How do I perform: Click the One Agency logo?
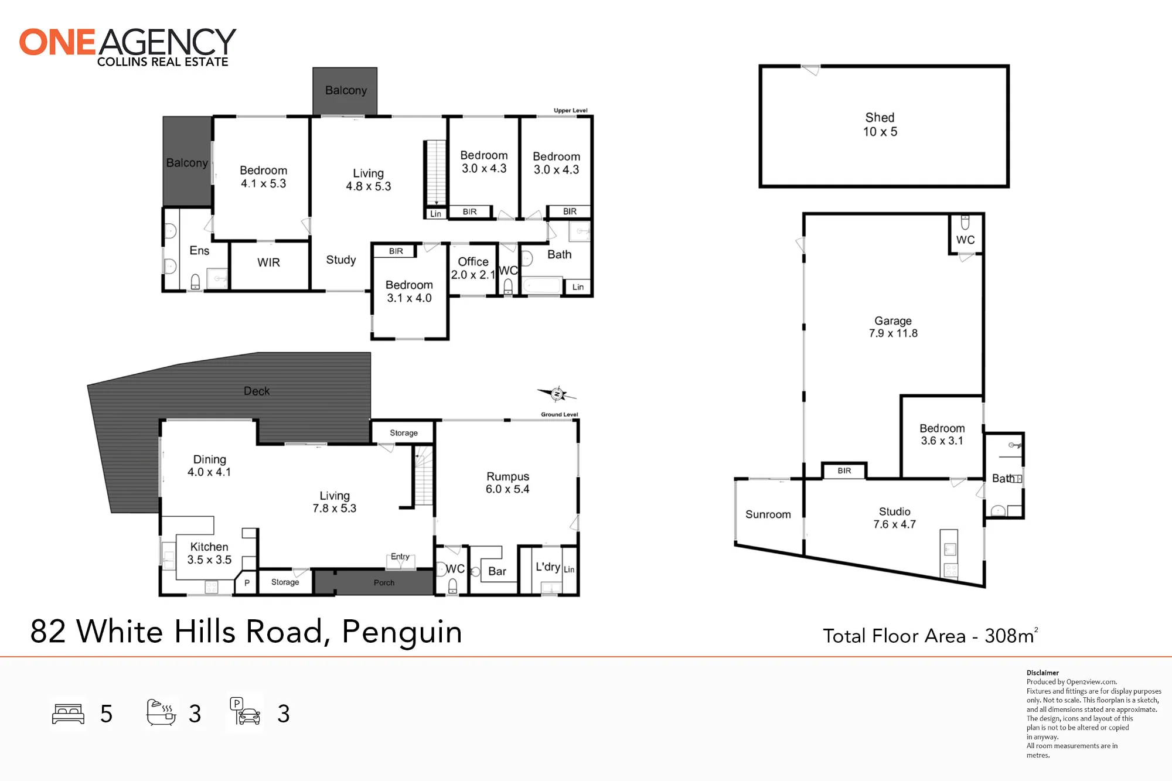[x=128, y=47]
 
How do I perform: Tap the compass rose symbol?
[x=557, y=394]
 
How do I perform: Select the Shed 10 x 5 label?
[x=880, y=125]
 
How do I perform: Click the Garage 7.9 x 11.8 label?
[x=893, y=327]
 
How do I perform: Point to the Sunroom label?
[x=768, y=514]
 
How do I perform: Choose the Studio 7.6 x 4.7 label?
[x=894, y=518]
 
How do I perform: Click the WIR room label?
[x=268, y=262]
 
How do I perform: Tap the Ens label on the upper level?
[x=199, y=251]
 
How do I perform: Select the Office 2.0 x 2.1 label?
[x=473, y=268]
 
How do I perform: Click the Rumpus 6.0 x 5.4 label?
[x=507, y=483]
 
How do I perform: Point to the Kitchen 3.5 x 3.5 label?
[x=209, y=553]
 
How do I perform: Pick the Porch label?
[x=384, y=582]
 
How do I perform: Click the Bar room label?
[x=497, y=571]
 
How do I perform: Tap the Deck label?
[x=257, y=391]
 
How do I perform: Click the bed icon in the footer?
[x=69, y=714]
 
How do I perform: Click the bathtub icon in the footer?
[x=161, y=713]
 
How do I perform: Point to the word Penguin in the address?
[x=402, y=632]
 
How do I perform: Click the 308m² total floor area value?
[x=1011, y=635]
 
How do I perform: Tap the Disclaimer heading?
[x=1042, y=673]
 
